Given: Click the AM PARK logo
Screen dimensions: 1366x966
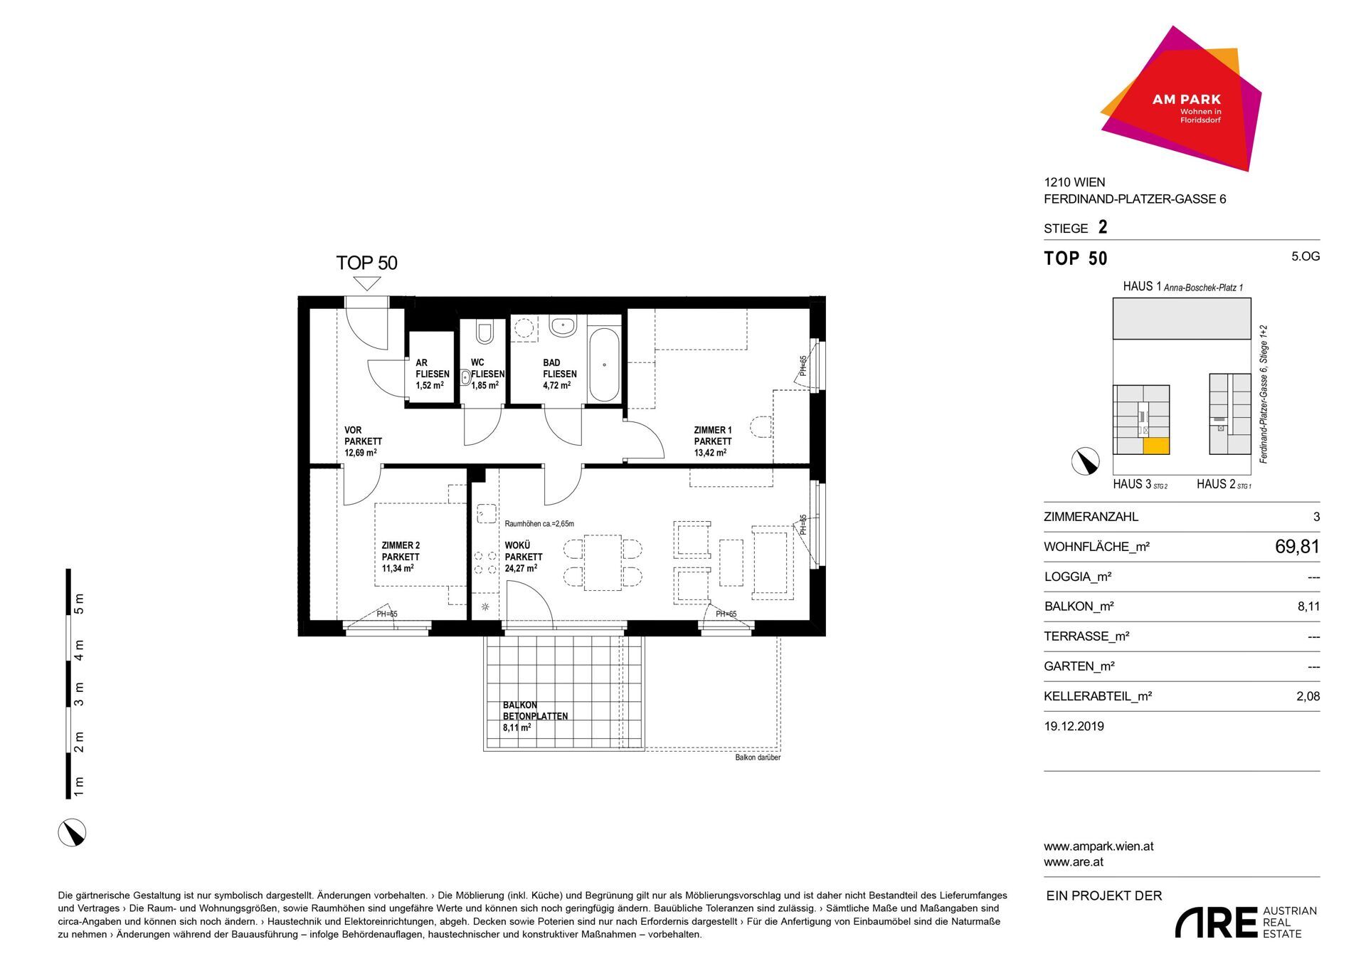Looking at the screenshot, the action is point(1181,100).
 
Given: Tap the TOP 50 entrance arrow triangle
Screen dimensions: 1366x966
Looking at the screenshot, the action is point(367,283).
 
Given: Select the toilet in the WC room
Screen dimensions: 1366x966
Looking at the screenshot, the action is point(485,332).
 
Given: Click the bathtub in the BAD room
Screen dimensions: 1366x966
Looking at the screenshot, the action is point(604,365).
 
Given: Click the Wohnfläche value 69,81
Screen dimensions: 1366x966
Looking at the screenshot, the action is point(1297,547).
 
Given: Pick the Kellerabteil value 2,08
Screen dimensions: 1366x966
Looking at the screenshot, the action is point(1308,696).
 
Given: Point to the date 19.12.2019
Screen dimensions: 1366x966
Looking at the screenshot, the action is point(1074,726).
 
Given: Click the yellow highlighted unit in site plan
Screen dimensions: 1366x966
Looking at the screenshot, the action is point(1156,446).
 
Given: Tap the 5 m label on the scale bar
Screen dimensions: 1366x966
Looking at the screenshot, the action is point(79,603).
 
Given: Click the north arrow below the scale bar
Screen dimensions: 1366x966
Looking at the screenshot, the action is point(72,832).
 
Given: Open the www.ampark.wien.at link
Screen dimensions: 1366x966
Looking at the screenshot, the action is point(1098,846).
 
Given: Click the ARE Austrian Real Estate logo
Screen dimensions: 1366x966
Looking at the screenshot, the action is point(1246,923).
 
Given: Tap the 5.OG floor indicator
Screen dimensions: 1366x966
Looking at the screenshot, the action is point(1306,256).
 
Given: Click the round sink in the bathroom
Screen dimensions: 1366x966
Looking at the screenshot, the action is point(563,327).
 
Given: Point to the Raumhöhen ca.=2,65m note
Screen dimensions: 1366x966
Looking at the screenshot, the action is point(539,524).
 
